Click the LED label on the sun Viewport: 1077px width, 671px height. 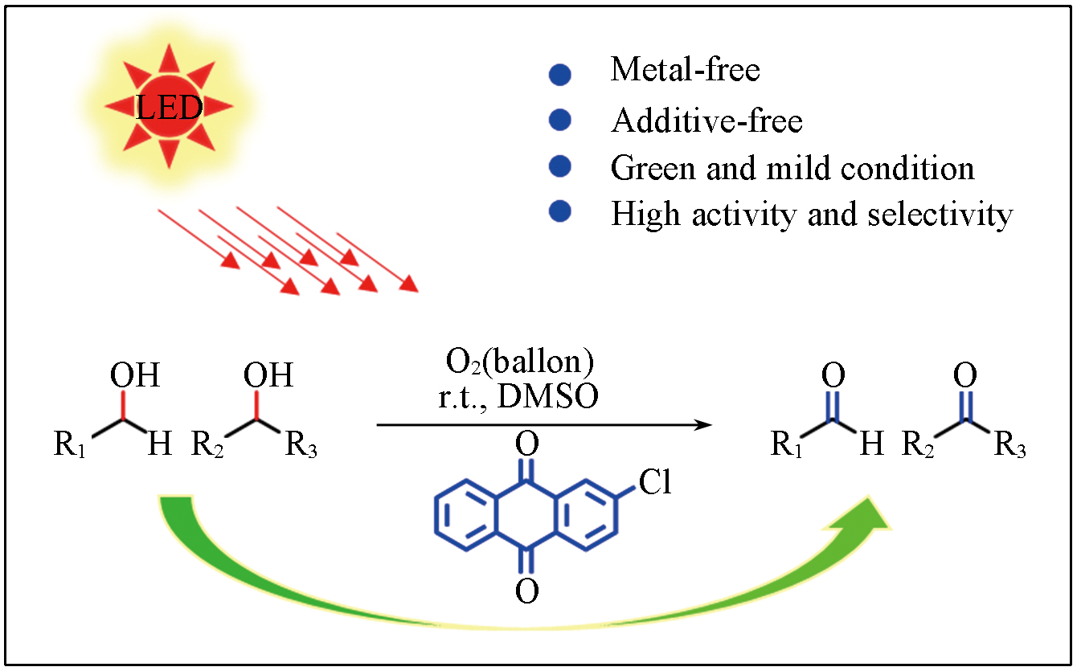169,107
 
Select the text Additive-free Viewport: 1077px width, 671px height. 706,121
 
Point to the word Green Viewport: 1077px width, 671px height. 652,169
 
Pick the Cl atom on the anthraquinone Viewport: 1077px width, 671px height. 655,483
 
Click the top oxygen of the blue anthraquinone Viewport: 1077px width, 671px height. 526,443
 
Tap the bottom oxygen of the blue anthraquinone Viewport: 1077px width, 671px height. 526,591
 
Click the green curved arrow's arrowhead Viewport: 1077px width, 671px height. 872,515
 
